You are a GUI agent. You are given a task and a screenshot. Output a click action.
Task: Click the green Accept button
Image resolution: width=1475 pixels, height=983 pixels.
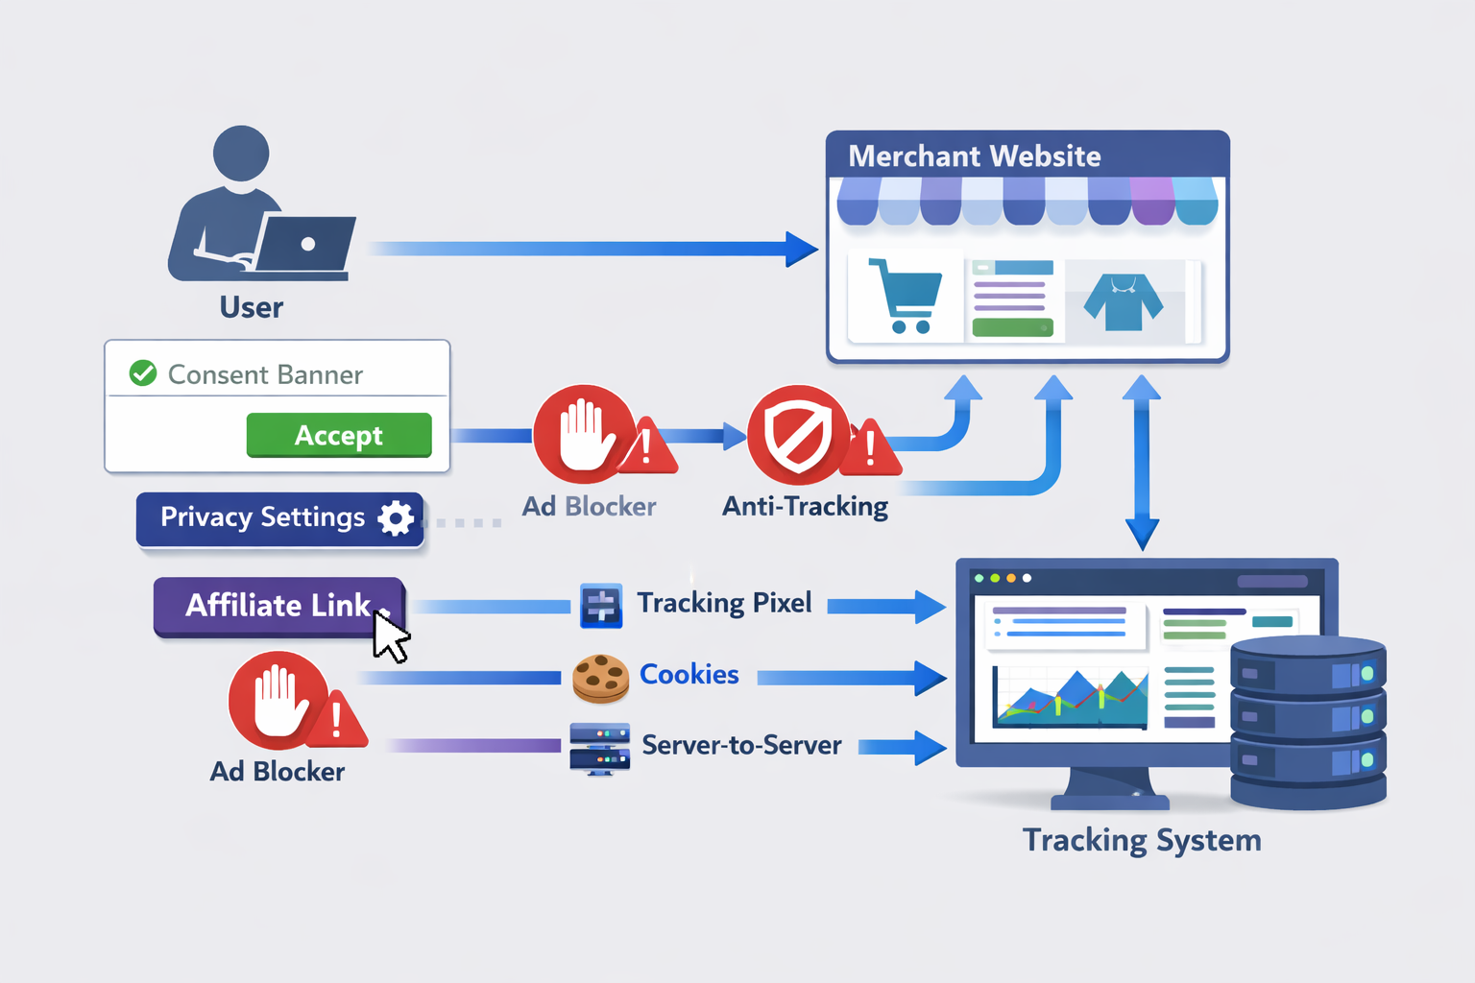click(339, 435)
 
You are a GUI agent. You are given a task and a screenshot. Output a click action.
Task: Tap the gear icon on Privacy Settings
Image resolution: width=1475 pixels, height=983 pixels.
click(396, 517)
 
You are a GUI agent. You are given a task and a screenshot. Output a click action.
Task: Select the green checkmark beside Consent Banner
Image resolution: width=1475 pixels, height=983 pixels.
click(143, 372)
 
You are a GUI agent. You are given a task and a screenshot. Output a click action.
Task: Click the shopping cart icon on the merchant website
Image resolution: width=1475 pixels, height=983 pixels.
click(904, 296)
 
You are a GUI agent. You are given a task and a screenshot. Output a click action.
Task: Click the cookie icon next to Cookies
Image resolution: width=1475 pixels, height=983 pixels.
click(600, 678)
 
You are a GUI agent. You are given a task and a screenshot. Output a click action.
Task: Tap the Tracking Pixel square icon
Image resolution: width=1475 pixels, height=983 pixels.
click(601, 606)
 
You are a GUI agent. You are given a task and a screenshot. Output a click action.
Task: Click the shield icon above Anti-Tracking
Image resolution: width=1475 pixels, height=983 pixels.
click(797, 435)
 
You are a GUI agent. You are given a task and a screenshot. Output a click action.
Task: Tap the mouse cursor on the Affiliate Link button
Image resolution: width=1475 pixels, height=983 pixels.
click(390, 636)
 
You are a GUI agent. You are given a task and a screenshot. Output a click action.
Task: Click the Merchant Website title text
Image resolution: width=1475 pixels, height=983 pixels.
click(974, 156)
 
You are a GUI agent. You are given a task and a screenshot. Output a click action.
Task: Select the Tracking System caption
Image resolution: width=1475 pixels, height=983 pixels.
click(1141, 840)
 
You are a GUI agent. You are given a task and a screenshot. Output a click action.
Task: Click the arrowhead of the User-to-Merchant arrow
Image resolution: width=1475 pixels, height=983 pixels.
click(801, 249)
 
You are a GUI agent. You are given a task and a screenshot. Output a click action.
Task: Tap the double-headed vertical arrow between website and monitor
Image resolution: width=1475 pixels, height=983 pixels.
click(1142, 461)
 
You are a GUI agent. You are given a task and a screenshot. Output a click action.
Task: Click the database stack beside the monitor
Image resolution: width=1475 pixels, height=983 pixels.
click(1308, 722)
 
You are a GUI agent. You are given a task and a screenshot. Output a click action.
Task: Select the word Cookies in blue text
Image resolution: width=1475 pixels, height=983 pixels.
click(689, 674)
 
